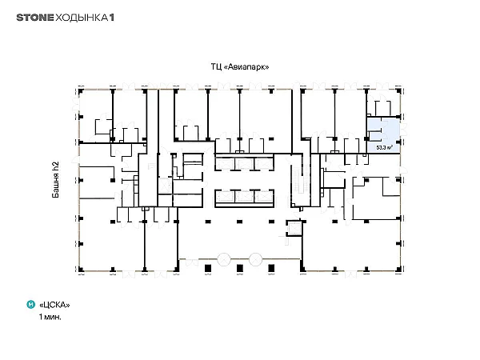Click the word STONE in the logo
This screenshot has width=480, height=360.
coord(35,18)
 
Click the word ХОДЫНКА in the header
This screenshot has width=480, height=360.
coord(82,18)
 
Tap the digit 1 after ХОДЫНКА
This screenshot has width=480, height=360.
coord(112,18)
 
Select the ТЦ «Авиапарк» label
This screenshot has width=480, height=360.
coord(240,66)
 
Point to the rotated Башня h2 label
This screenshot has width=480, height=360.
coord(55,180)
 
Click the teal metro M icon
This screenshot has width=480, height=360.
coord(31,305)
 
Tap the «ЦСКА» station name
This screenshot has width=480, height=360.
coord(54,305)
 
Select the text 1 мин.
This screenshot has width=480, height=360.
coord(50,317)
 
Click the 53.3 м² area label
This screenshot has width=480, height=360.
coord(385,147)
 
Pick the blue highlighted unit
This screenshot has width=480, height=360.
coord(383,135)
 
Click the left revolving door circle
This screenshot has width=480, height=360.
coord(224,259)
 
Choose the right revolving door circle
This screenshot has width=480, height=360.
coord(256,259)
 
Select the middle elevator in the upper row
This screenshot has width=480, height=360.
coord(244,164)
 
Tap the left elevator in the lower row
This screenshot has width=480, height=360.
coord(225,196)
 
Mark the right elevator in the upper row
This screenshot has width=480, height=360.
coord(263,164)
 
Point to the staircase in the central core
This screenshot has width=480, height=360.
coord(298,180)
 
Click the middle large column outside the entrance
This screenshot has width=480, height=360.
coord(240,269)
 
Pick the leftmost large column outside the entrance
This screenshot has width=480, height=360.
coord(208,269)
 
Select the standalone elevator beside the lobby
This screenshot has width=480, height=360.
coord(294,228)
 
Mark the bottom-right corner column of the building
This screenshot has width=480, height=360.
coord(398,270)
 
